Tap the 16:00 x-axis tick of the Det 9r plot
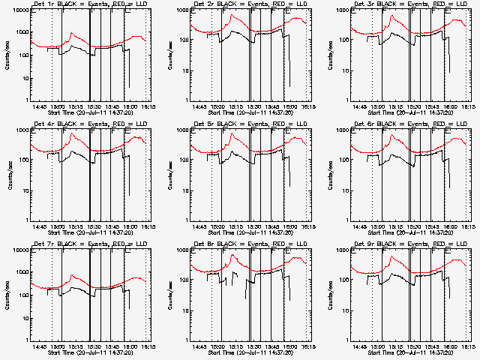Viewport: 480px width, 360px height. pyautogui.click(x=449, y=346)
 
